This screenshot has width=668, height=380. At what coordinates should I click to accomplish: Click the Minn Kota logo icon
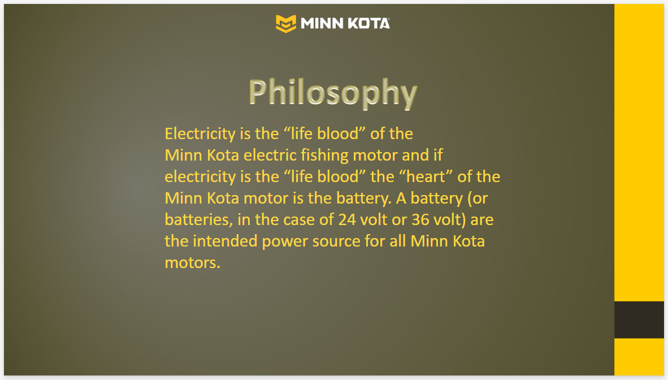click(x=286, y=23)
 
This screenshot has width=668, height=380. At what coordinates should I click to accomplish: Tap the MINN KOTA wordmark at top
click(x=345, y=23)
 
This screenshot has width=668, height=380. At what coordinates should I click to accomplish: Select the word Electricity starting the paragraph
click(x=200, y=134)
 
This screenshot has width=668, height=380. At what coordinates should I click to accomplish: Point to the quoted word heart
click(x=426, y=176)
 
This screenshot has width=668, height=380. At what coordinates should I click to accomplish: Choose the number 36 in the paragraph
click(x=420, y=219)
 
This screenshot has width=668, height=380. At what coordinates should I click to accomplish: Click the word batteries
click(x=199, y=220)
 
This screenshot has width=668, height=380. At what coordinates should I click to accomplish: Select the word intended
click(x=225, y=241)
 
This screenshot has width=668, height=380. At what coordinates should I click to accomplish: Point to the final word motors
click(x=193, y=263)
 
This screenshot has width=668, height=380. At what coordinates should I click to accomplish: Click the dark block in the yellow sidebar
click(x=639, y=320)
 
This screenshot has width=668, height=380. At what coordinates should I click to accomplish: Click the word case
click(x=299, y=220)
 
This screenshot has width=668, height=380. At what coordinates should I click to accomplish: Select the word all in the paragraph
click(x=398, y=241)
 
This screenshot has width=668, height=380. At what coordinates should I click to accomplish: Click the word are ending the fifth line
click(x=482, y=220)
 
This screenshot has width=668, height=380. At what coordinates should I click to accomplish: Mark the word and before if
click(x=415, y=156)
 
